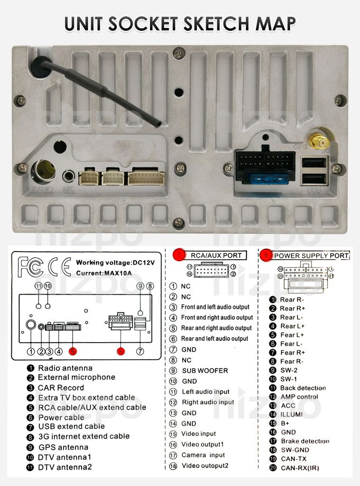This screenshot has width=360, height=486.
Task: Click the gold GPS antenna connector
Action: point(315,141)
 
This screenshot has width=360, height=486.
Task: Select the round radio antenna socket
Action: point(42,171)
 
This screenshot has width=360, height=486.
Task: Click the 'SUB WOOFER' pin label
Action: point(205,371)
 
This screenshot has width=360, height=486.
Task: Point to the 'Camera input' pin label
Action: point(203,455)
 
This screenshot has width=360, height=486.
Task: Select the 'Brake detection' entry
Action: point(304,441)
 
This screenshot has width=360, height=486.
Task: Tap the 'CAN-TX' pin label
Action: point(294,459)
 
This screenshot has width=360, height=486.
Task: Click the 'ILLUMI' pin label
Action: point(291,414)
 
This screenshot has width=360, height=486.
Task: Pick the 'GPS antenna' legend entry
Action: point(63,447)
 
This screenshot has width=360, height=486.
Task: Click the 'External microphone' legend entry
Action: point(76,377)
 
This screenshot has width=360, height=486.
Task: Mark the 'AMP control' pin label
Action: point(299,397)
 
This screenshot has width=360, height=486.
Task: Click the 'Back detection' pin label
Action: point(303,388)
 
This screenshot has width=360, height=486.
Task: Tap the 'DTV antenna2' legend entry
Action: point(65,467)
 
